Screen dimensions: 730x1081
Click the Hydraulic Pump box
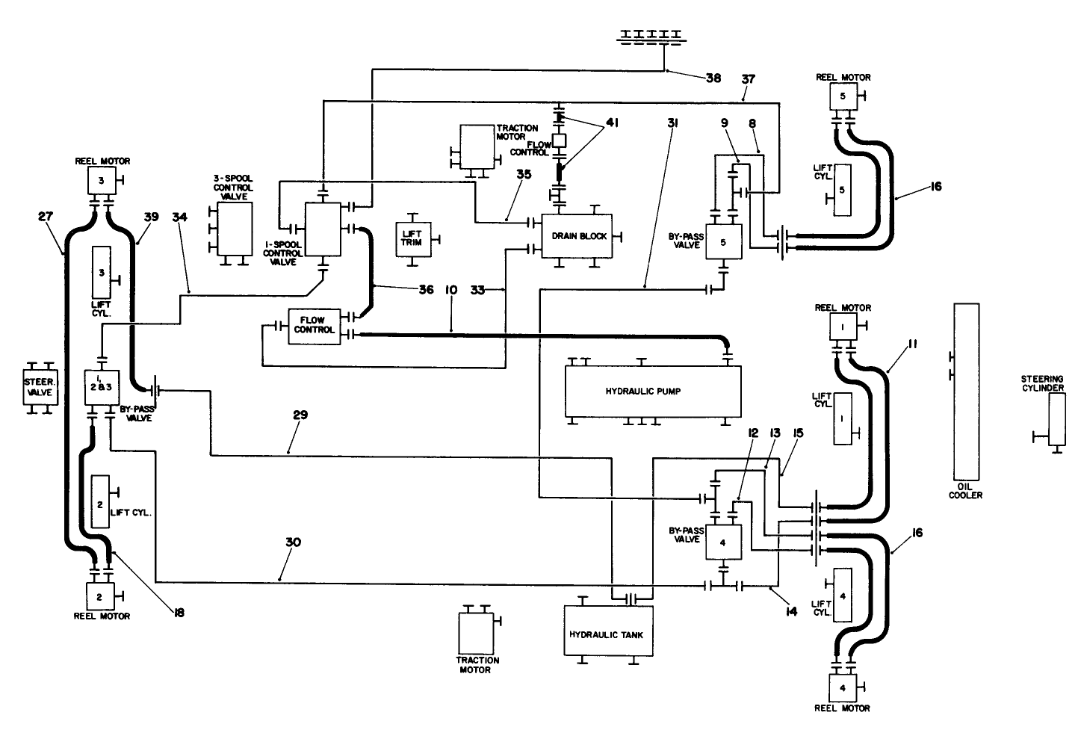(x=653, y=391)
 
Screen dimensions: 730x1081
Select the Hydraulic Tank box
(x=606, y=634)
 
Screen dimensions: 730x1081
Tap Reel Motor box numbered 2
(x=99, y=596)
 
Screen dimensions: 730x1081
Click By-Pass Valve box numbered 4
(x=722, y=543)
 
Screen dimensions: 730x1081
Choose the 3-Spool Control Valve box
(x=234, y=229)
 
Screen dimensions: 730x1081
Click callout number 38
(x=713, y=78)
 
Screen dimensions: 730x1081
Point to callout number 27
(x=46, y=217)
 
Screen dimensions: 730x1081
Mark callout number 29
(x=301, y=414)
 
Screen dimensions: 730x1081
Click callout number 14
(x=791, y=611)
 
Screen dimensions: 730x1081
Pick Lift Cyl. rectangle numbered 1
(x=842, y=418)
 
